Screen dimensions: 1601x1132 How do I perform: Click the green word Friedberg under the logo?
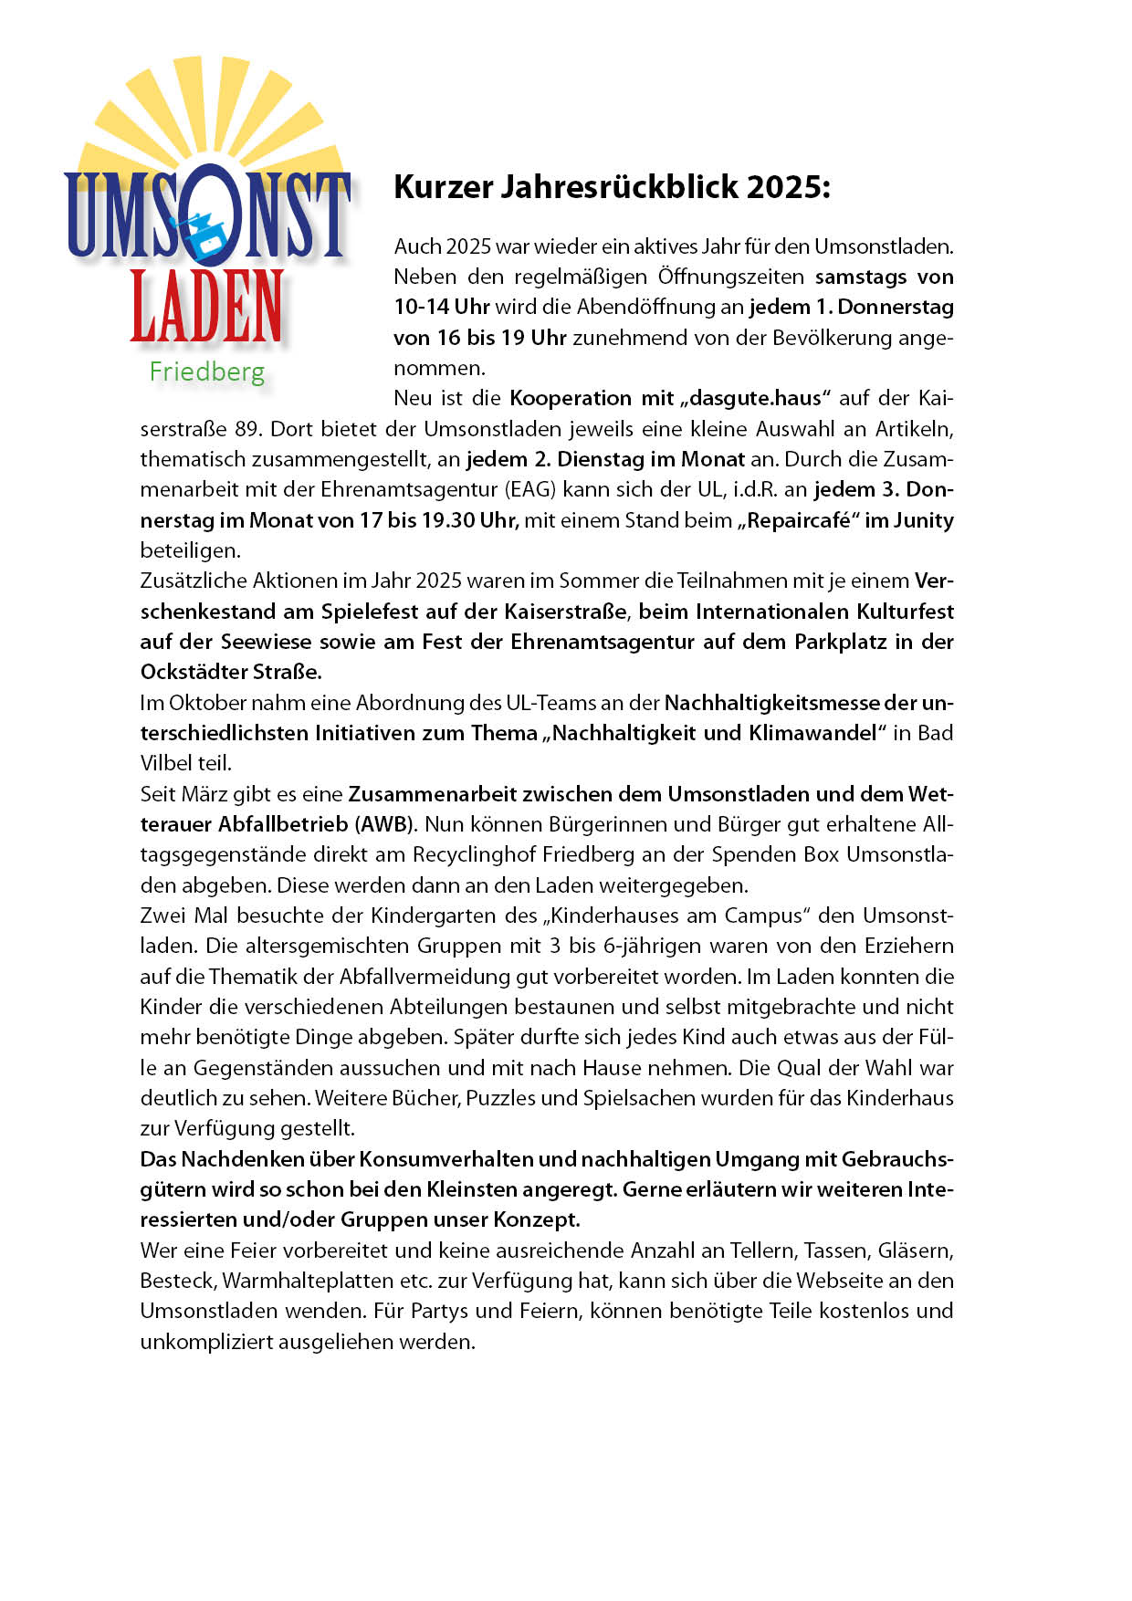tap(207, 371)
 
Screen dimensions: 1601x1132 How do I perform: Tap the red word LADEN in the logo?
tap(206, 306)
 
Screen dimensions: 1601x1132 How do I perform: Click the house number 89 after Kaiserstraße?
tap(248, 429)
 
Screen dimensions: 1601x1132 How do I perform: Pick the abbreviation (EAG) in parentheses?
tap(529, 489)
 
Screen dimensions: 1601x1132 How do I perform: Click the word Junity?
tap(923, 520)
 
